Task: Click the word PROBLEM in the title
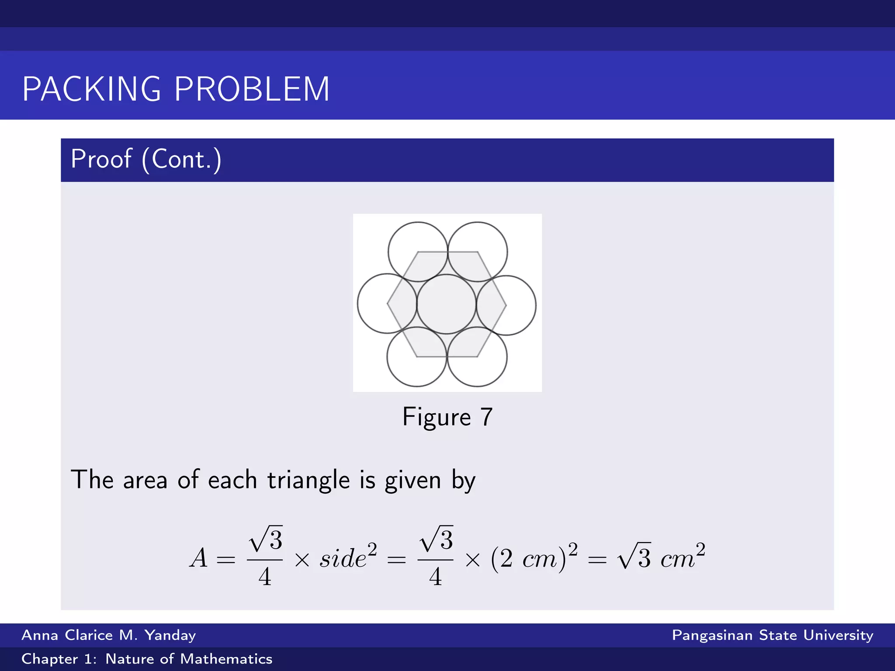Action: (x=252, y=89)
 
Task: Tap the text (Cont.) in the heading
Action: (x=181, y=159)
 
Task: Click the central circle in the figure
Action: (x=446, y=304)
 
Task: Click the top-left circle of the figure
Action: (x=418, y=245)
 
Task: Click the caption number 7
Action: (x=486, y=417)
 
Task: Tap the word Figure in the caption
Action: (x=436, y=417)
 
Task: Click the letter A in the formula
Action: (x=199, y=558)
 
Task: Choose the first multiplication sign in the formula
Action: (x=302, y=560)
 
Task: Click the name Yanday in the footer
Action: (x=170, y=635)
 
